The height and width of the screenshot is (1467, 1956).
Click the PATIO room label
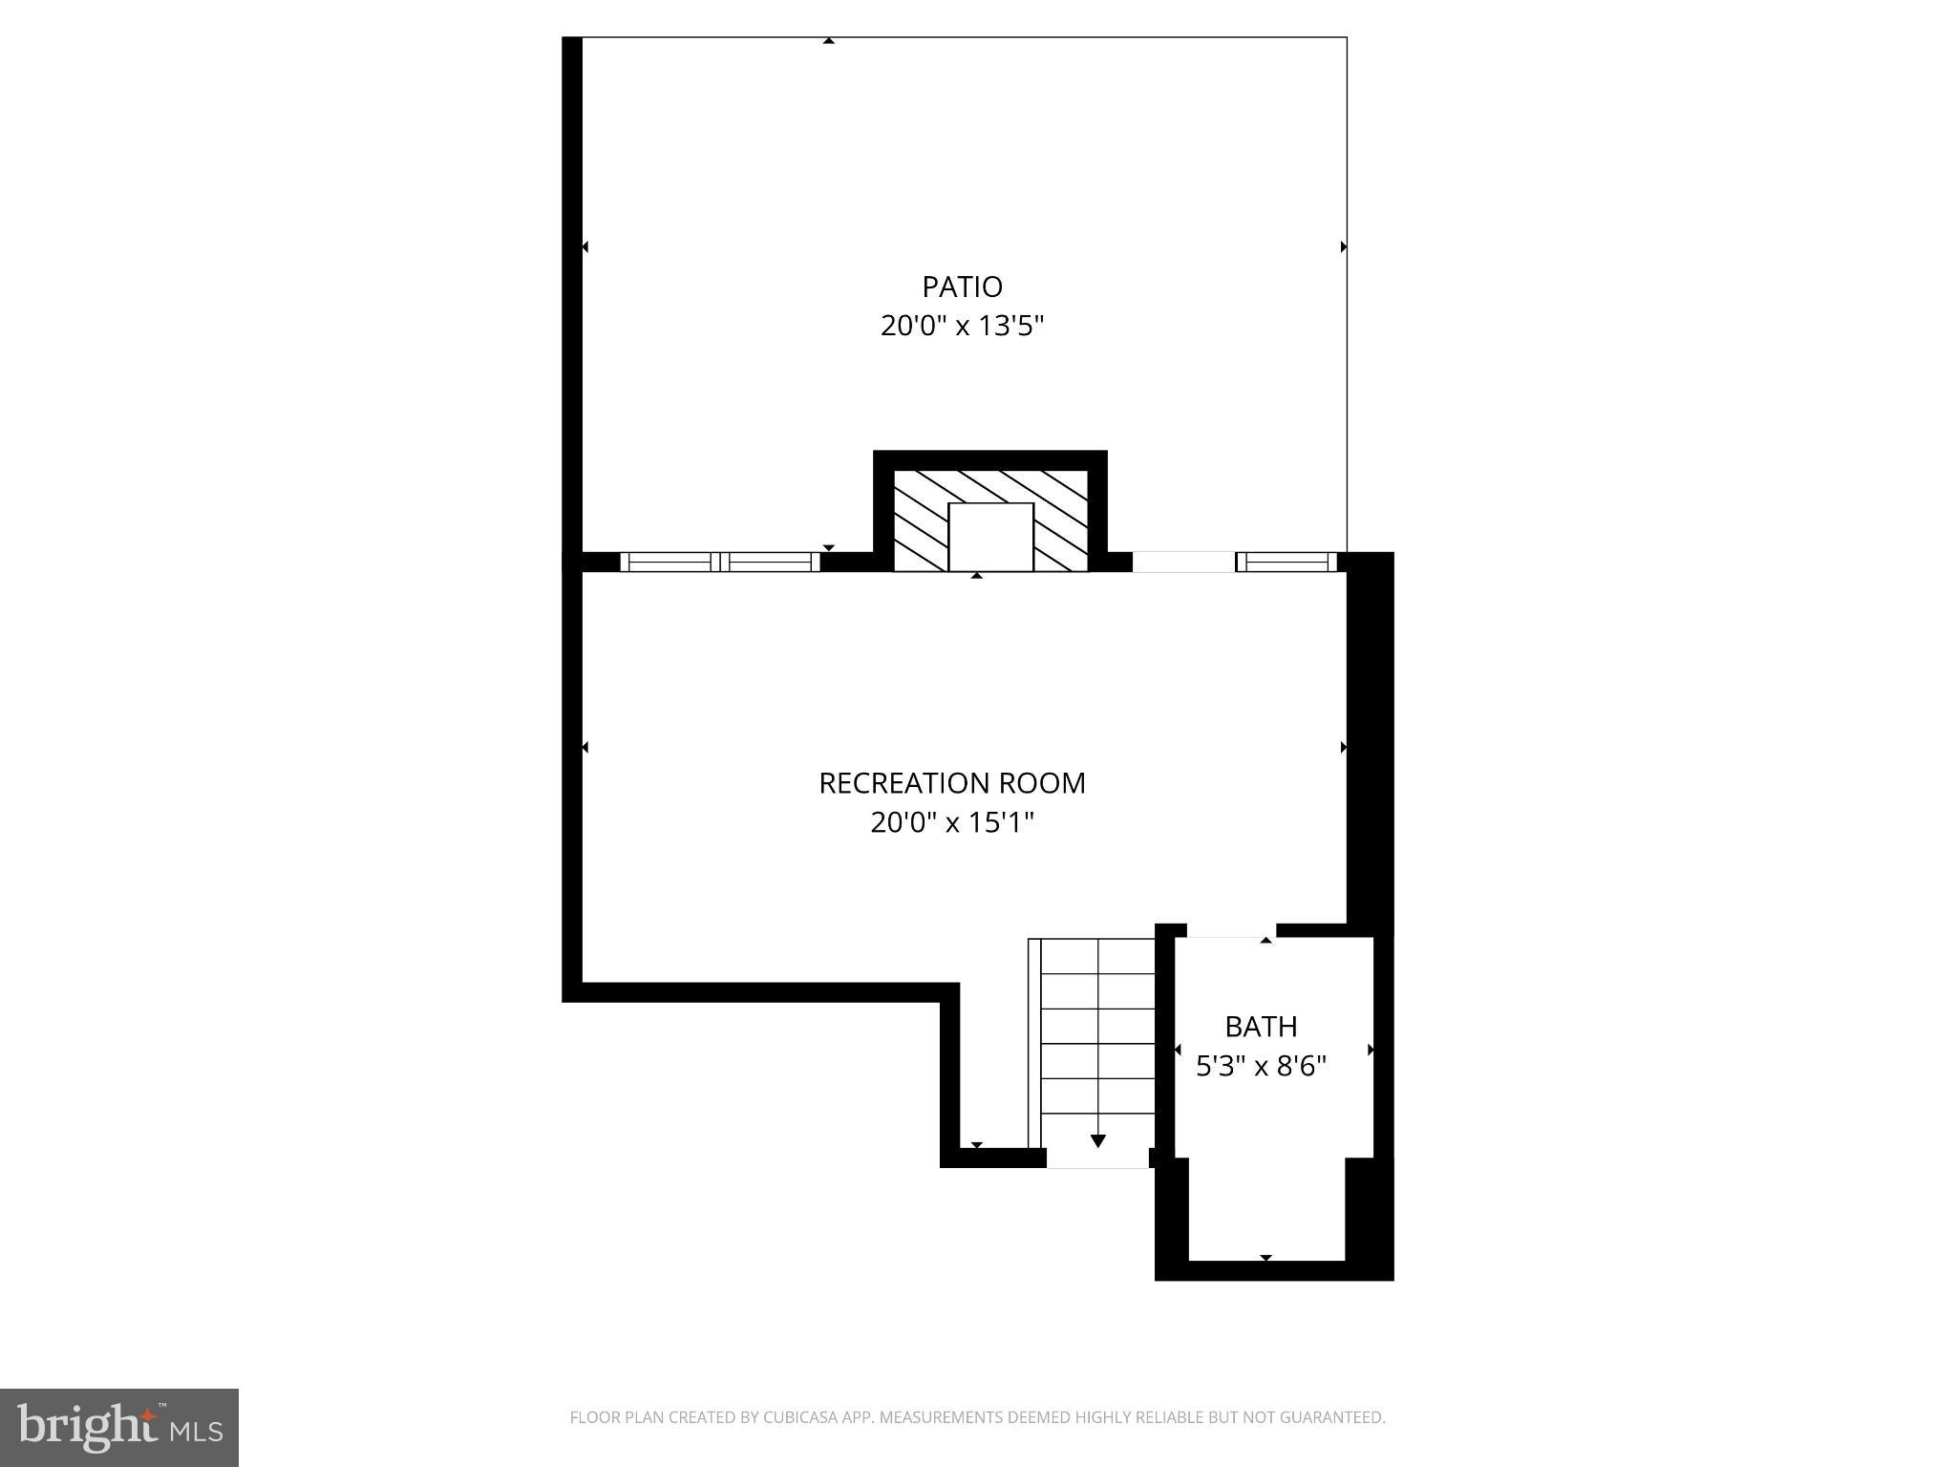click(962, 287)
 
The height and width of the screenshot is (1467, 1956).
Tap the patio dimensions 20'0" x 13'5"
click(962, 327)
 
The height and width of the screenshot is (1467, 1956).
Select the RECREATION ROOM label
click(952, 783)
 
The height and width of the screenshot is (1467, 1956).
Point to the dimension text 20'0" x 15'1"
click(952, 822)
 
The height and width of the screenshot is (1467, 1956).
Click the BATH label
click(1261, 1027)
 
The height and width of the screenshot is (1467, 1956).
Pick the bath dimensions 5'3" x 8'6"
click(1261, 1066)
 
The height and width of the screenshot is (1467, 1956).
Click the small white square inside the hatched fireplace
click(990, 536)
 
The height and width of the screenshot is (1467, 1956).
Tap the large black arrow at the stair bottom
click(1098, 1140)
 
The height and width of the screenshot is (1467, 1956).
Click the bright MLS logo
click(119, 1427)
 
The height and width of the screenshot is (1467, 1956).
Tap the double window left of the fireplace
click(720, 562)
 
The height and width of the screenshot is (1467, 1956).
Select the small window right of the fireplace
click(1286, 562)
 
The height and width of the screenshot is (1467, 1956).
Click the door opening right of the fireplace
click(1183, 562)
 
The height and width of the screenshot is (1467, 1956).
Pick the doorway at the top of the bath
click(1231, 931)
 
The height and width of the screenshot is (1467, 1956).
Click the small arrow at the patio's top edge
click(829, 41)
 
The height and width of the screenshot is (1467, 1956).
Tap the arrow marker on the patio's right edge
click(1343, 246)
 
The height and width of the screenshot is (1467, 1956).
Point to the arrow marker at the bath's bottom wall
click(1265, 1258)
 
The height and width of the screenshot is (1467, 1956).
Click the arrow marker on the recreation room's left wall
click(585, 747)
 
